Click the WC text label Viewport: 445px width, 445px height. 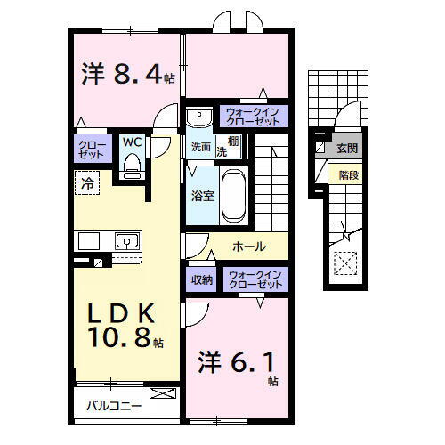[x=132, y=142]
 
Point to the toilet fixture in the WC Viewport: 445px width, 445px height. [x=132, y=162]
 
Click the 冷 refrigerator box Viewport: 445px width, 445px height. [x=88, y=184]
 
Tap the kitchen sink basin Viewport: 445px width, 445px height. [x=126, y=240]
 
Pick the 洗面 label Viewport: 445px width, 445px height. [x=199, y=146]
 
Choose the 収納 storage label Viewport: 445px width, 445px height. [x=202, y=279]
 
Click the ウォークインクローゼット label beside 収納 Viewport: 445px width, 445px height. [x=255, y=279]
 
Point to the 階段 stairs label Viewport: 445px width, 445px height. [x=348, y=176]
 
